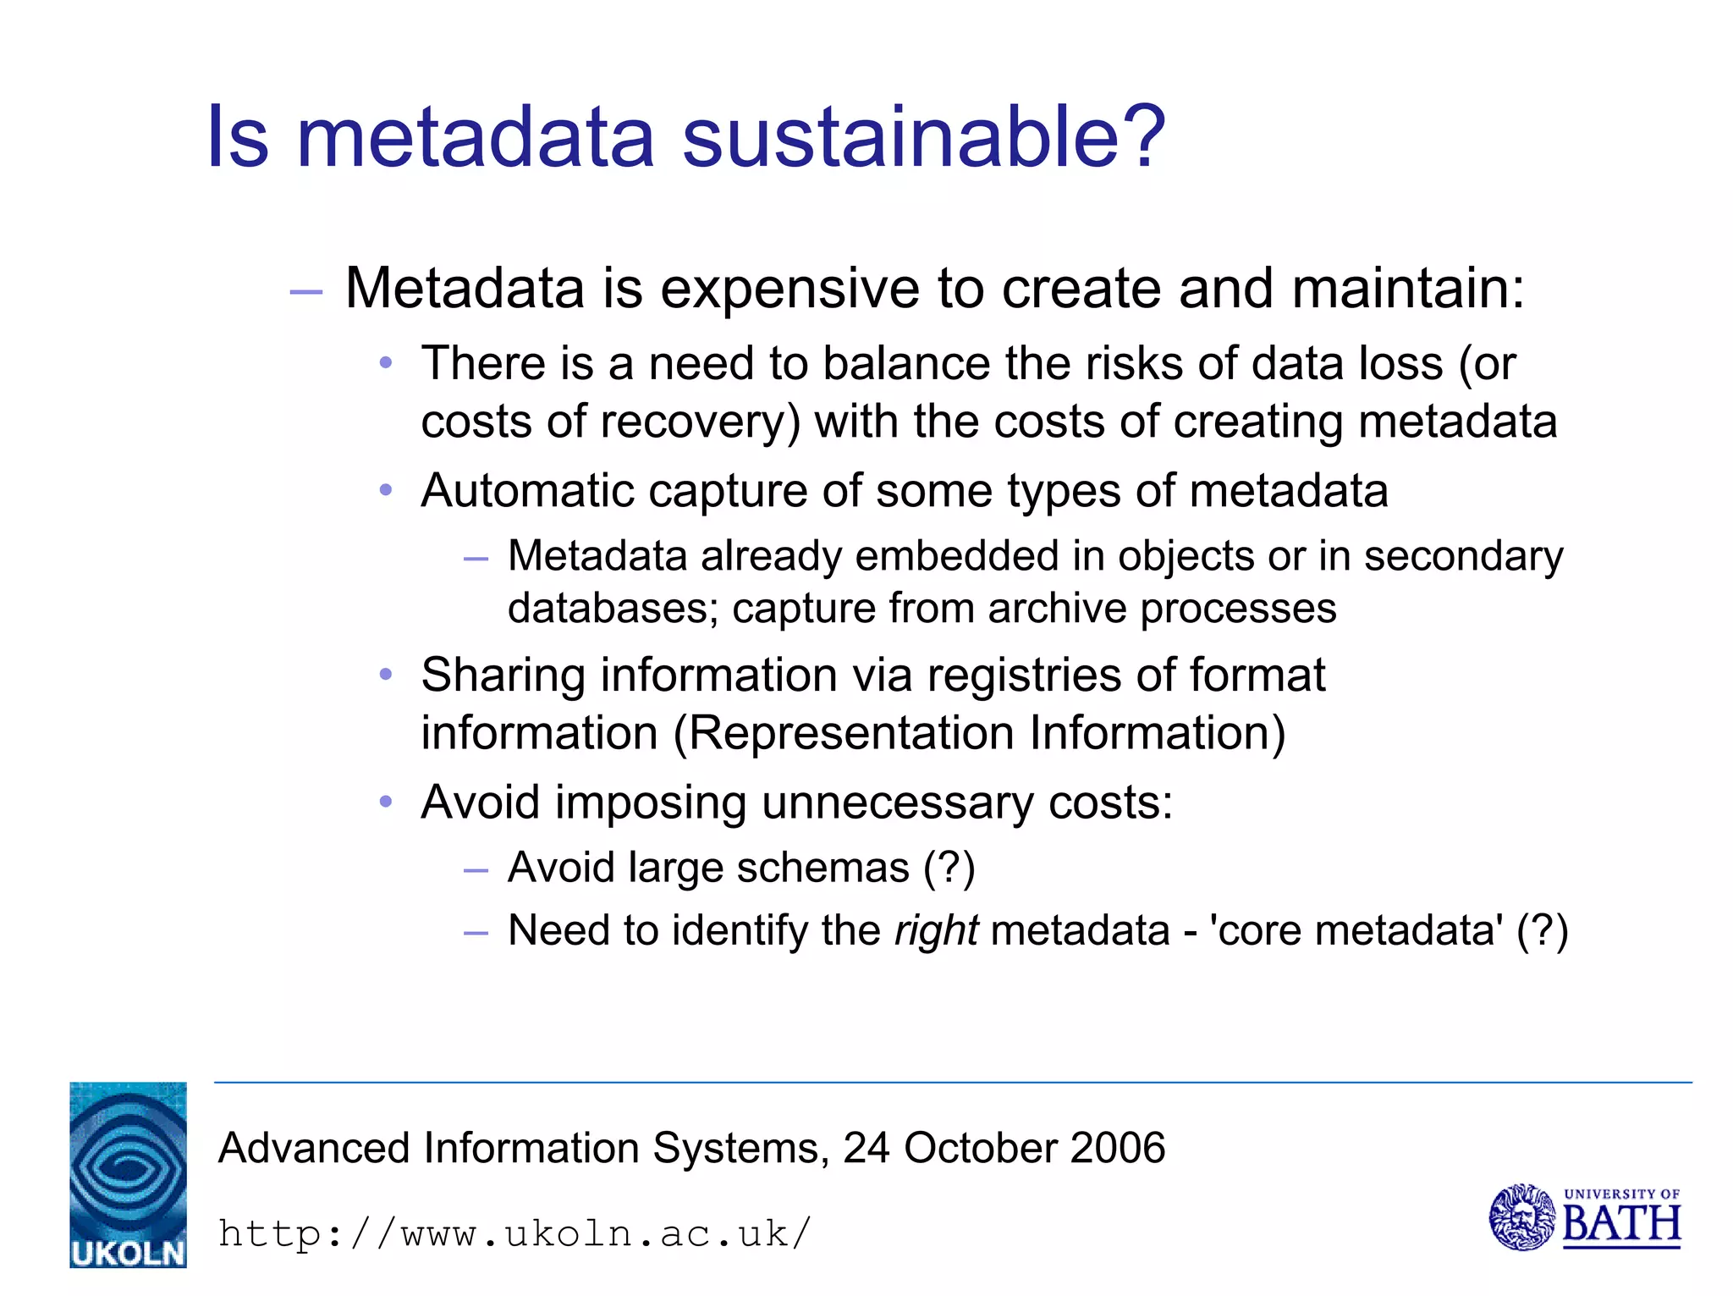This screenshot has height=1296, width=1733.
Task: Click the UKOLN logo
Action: (x=128, y=1174)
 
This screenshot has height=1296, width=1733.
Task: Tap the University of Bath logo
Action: (x=1584, y=1217)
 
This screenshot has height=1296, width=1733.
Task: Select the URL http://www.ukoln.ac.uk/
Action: (x=514, y=1234)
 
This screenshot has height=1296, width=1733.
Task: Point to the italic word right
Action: (x=937, y=931)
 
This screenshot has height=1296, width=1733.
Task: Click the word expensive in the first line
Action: (x=789, y=289)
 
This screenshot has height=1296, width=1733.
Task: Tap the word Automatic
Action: (x=526, y=491)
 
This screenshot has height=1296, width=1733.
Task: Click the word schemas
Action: (x=822, y=868)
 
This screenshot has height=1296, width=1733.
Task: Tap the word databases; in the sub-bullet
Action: (x=613, y=609)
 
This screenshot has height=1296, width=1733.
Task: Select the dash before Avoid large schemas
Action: (x=476, y=870)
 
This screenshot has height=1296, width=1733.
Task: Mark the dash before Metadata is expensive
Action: (x=305, y=292)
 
